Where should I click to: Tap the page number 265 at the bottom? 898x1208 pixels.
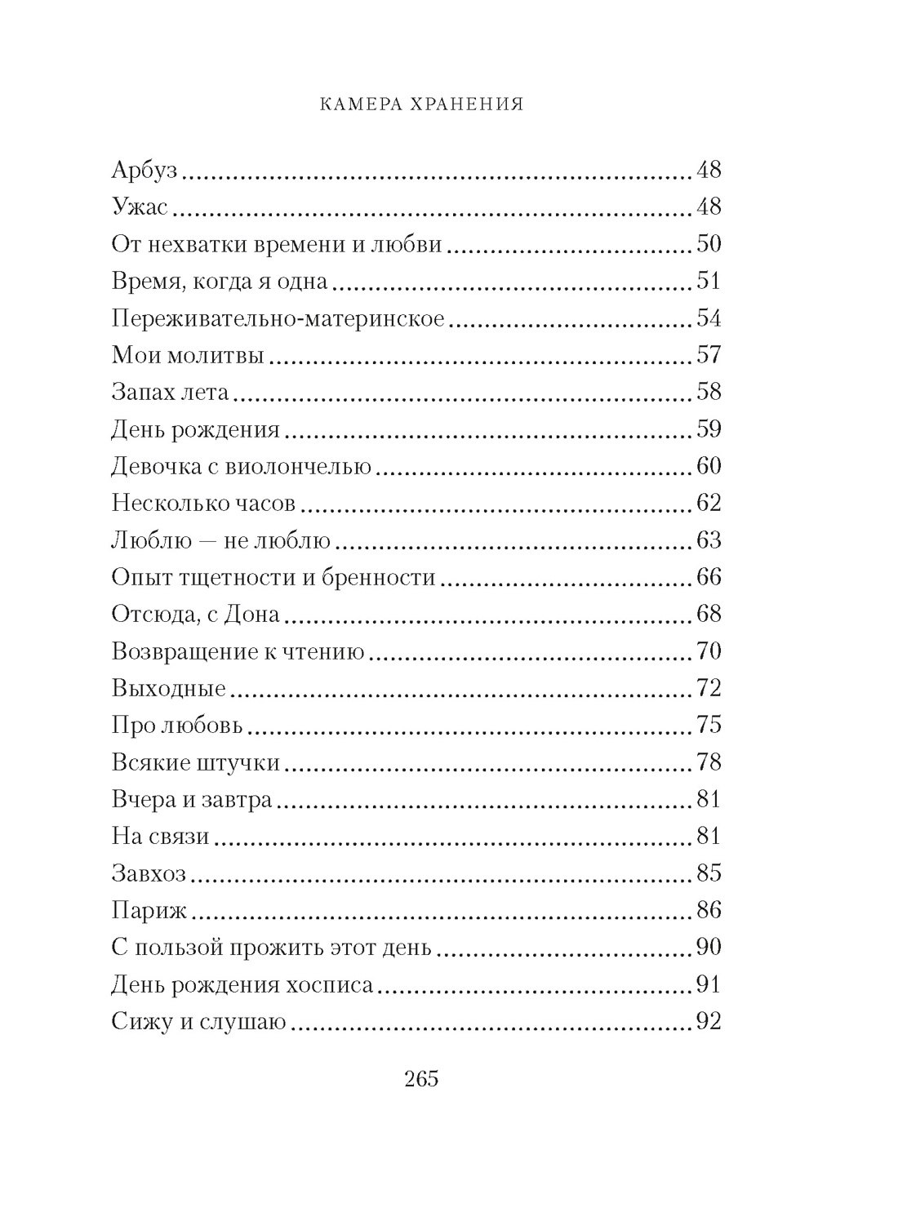[421, 1078]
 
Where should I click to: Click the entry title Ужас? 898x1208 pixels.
[139, 208]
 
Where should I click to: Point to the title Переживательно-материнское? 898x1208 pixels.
[278, 319]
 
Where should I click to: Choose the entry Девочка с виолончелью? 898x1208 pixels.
[241, 467]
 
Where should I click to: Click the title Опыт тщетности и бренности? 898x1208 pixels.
[273, 578]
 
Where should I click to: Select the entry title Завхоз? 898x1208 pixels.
[149, 873]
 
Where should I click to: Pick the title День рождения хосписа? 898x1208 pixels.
[242, 984]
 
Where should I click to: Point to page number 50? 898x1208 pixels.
[709, 245]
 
